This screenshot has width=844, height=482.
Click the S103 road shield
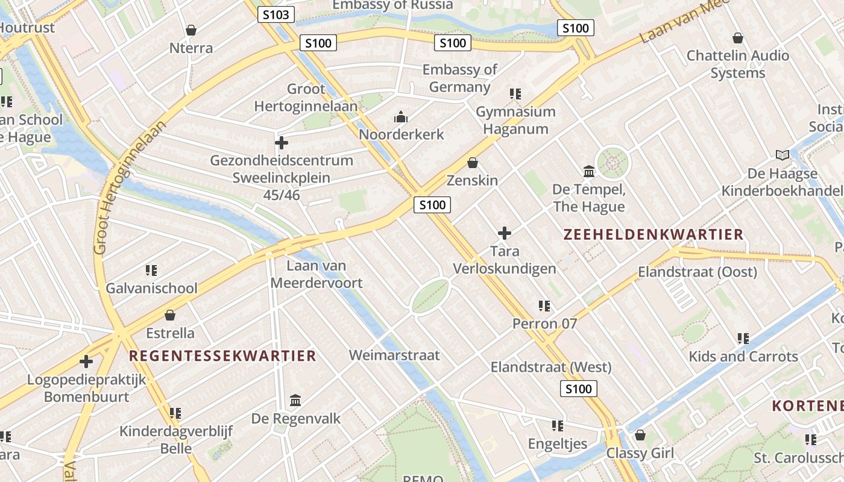[x=276, y=14]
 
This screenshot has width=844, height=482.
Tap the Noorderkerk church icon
[x=401, y=117]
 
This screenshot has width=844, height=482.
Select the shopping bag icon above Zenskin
[x=473, y=163]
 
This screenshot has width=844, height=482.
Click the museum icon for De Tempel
[x=589, y=172]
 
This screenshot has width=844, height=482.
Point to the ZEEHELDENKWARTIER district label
[x=653, y=234]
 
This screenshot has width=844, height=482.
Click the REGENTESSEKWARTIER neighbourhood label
[x=222, y=355]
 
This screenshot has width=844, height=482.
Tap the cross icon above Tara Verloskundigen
[x=505, y=233]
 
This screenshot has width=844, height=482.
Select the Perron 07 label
[x=544, y=324]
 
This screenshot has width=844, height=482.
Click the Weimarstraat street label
[x=394, y=355]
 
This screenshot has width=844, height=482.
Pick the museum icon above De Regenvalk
[x=295, y=400]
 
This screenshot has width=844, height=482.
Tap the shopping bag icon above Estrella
[x=170, y=315]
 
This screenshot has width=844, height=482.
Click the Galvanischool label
[x=151, y=288]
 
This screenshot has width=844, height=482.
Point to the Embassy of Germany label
[x=459, y=78]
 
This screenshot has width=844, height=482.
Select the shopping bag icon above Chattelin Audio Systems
[x=737, y=38]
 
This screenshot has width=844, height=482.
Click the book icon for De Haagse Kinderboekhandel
[x=783, y=155]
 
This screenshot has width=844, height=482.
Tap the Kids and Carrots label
[x=743, y=356]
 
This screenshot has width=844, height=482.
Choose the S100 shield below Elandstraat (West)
[x=578, y=389]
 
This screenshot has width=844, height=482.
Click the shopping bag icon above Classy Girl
[x=640, y=435]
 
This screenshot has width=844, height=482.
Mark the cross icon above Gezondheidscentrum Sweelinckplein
[x=281, y=143]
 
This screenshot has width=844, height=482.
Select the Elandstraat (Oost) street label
[x=698, y=272]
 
